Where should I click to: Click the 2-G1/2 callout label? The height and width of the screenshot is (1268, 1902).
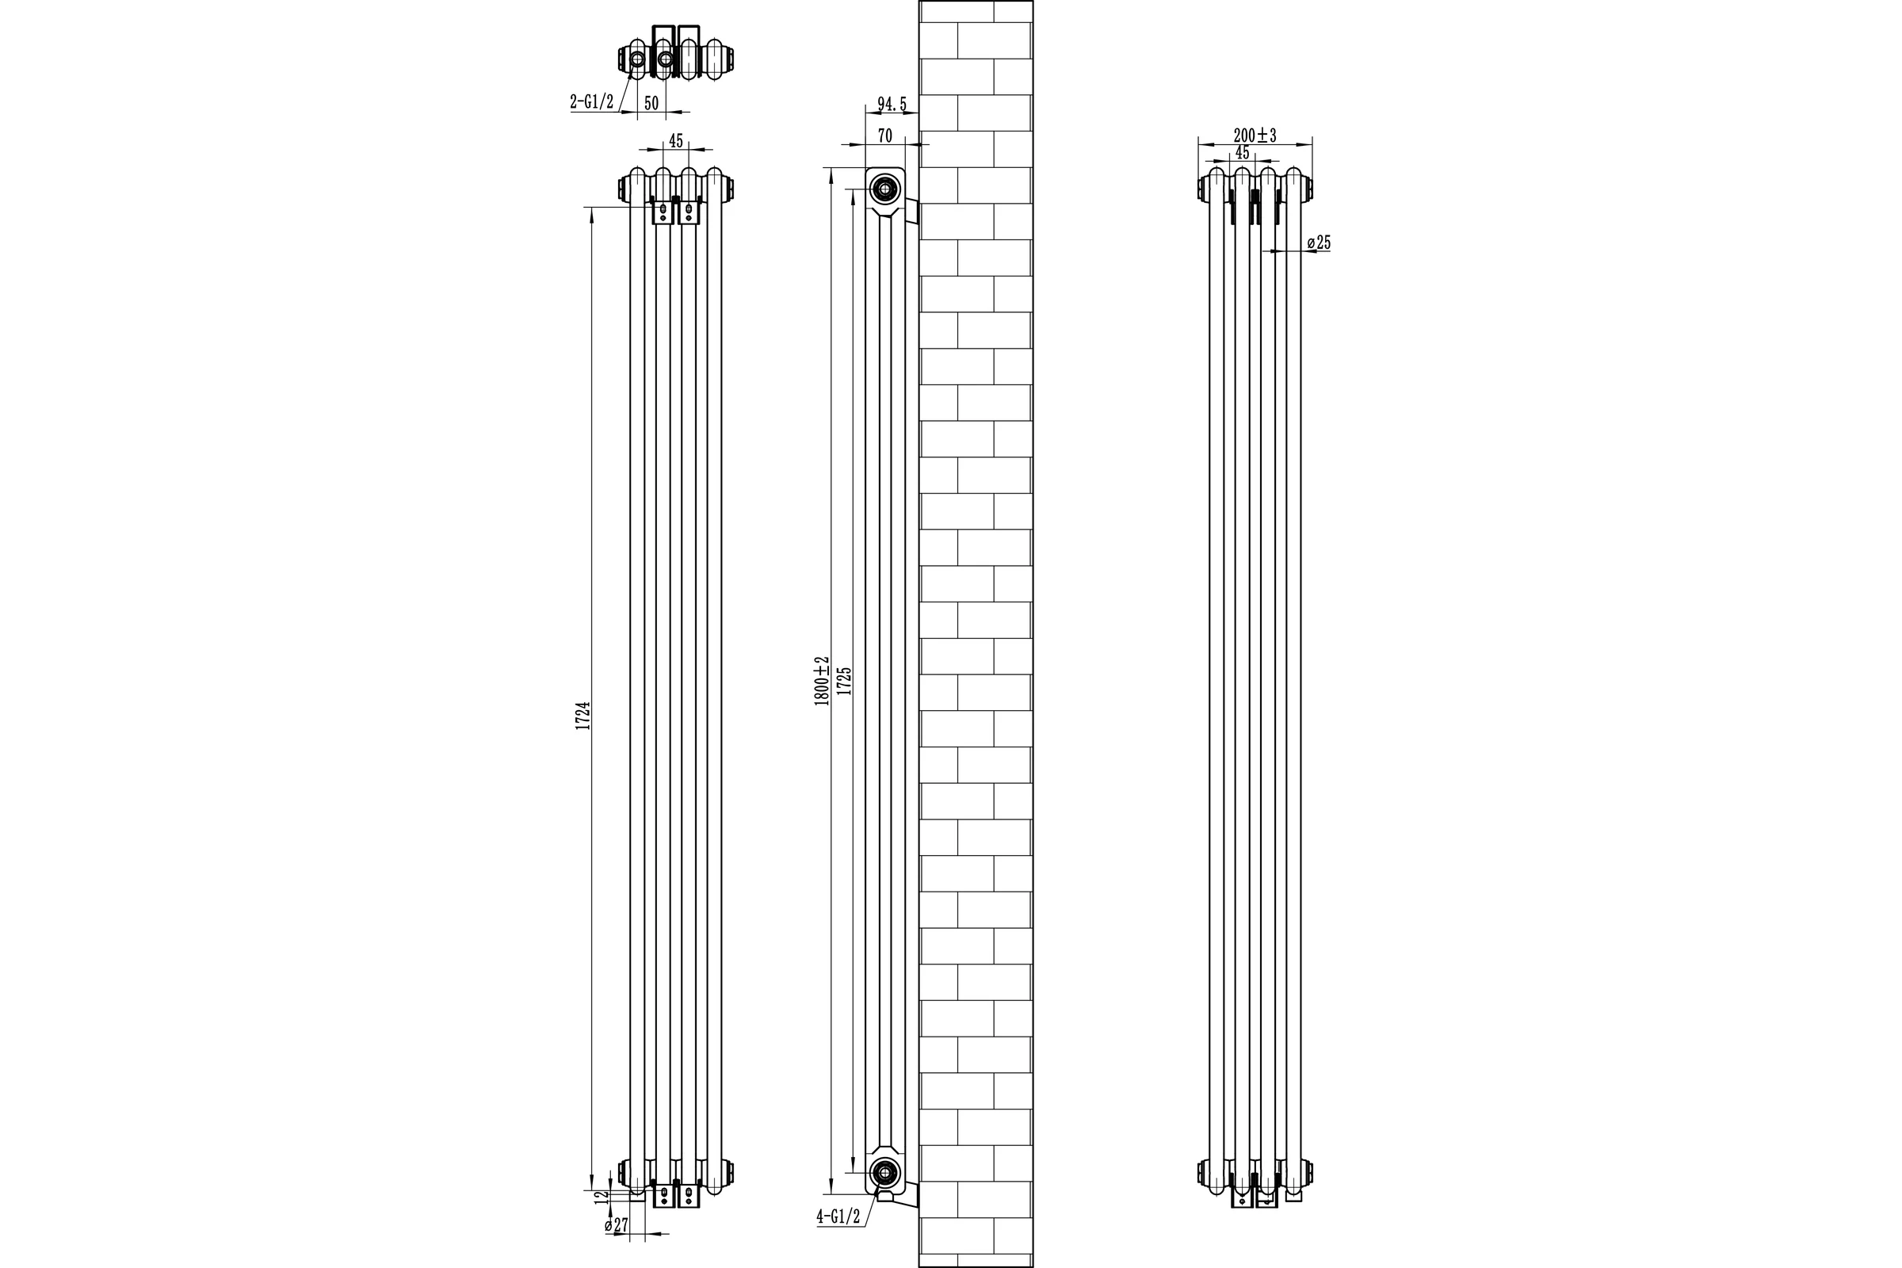coord(592,102)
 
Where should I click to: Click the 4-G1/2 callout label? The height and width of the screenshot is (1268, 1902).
coord(838,1239)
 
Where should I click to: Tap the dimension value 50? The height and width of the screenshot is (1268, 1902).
coord(651,103)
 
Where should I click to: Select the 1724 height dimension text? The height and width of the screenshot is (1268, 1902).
coord(583,716)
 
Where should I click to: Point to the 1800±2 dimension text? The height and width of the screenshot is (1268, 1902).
coord(822,681)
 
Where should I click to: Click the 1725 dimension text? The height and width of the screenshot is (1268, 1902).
coord(844,681)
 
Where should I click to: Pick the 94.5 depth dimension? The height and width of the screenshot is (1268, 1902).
coord(892,105)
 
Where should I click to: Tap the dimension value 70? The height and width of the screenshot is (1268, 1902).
coord(884,136)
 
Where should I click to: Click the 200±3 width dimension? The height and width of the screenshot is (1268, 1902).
coord(1255,135)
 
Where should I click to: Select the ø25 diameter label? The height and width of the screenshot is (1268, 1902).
coord(1319,242)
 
